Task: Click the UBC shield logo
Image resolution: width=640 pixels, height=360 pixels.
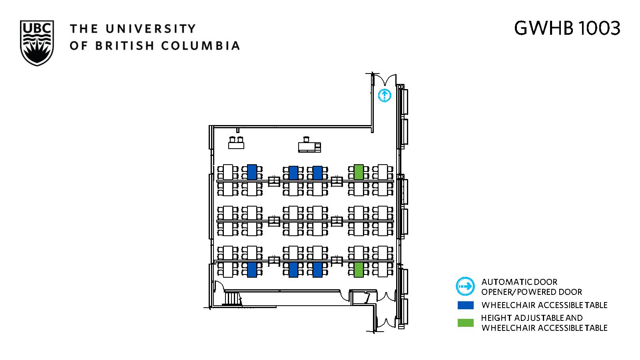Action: pyautogui.click(x=37, y=43)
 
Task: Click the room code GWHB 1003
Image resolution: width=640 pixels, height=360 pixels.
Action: pyautogui.click(x=567, y=28)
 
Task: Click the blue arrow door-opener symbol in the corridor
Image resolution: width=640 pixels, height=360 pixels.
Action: pyautogui.click(x=385, y=95)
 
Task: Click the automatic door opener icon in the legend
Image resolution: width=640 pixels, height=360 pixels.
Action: pyautogui.click(x=465, y=286)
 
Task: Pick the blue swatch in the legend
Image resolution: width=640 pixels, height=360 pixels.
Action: pyautogui.click(x=465, y=305)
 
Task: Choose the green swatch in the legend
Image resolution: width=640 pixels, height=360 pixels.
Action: pyautogui.click(x=465, y=322)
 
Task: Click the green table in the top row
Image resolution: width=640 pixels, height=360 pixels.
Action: pyautogui.click(x=359, y=172)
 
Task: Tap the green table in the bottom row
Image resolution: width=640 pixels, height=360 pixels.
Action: pyautogui.click(x=359, y=270)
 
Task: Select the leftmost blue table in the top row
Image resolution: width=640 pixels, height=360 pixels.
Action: pyautogui.click(x=252, y=172)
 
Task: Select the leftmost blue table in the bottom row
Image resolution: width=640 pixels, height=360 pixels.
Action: pyautogui.click(x=252, y=270)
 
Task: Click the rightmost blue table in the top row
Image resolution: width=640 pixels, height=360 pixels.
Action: pyautogui.click(x=317, y=173)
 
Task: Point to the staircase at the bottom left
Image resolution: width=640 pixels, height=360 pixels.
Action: pyautogui.click(x=232, y=298)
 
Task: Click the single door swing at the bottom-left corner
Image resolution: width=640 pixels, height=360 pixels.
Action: pyautogui.click(x=218, y=286)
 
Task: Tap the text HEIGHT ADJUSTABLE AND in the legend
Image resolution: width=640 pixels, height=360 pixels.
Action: pyautogui.click(x=532, y=318)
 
